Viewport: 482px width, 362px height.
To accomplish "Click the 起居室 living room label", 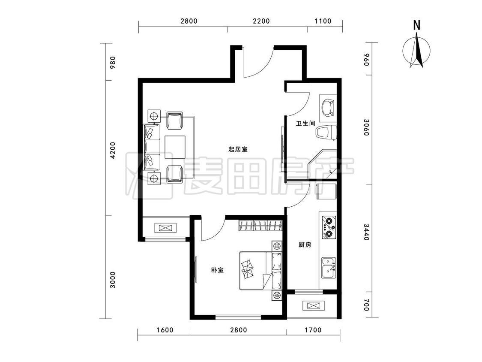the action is (238, 150).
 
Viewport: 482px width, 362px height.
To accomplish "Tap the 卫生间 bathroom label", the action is (305, 124).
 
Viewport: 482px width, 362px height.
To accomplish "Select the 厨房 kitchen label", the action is (305, 245).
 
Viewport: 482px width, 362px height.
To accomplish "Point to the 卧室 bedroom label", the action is (217, 270).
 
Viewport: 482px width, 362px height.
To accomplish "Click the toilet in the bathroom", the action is (326, 133).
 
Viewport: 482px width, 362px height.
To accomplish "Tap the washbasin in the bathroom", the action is (328, 108).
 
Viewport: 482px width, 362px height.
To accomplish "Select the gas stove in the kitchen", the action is (329, 227).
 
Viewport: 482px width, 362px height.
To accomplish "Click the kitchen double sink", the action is (329, 268).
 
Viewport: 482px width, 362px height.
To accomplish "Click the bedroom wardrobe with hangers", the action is (260, 226).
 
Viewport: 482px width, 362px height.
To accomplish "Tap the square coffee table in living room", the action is (175, 147).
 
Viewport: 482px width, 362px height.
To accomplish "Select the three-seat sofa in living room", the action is (152, 147).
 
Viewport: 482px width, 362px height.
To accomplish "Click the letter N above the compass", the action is (416, 25).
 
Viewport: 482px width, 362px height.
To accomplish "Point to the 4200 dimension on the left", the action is (113, 150).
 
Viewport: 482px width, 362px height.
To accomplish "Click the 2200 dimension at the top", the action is (261, 21).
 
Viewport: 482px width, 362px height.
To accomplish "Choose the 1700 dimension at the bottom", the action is (313, 330).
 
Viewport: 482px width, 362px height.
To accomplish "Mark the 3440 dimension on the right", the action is (366, 232).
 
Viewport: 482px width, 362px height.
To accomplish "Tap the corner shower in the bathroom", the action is (323, 164).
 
